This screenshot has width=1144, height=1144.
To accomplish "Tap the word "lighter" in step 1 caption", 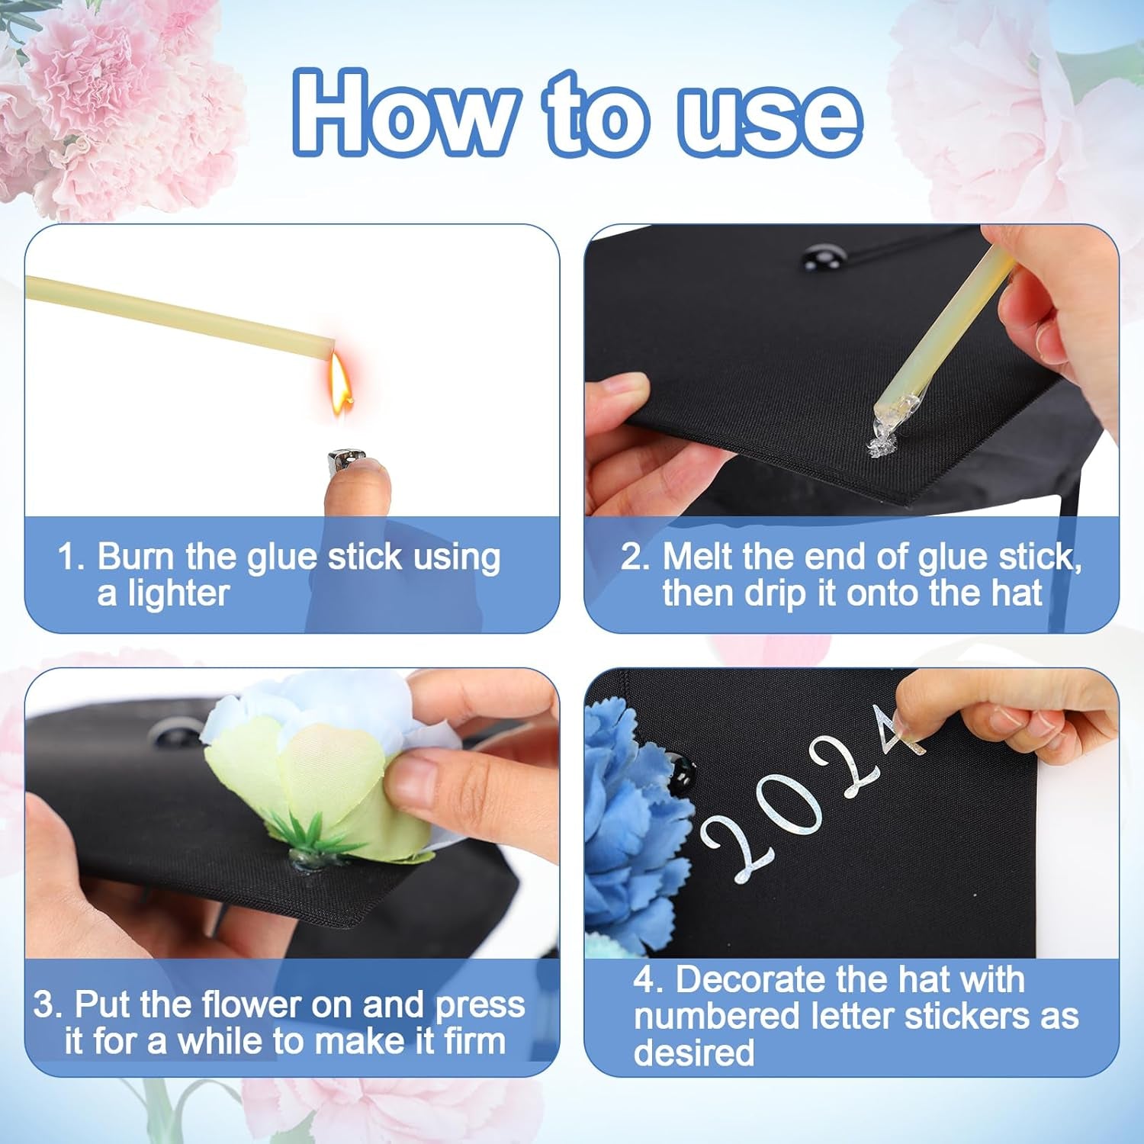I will (163, 593).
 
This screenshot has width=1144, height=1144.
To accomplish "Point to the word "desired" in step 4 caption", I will (693, 1053).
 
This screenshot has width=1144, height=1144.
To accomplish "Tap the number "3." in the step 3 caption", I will (47, 1004).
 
